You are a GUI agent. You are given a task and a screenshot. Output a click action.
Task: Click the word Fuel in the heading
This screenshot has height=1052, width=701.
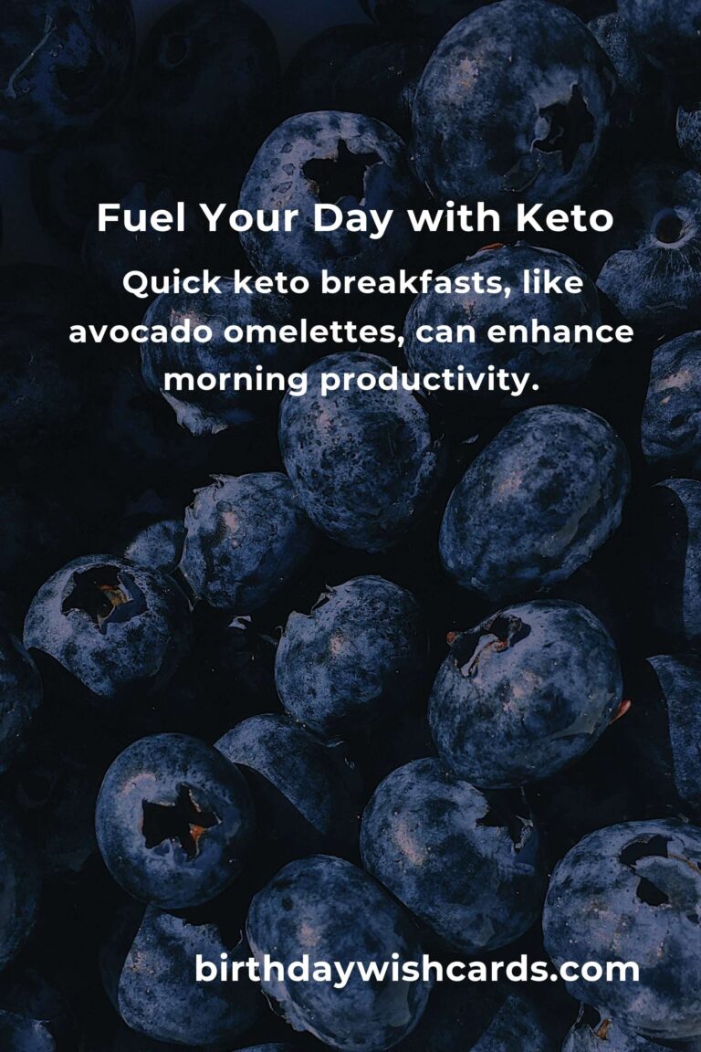[141, 218]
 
